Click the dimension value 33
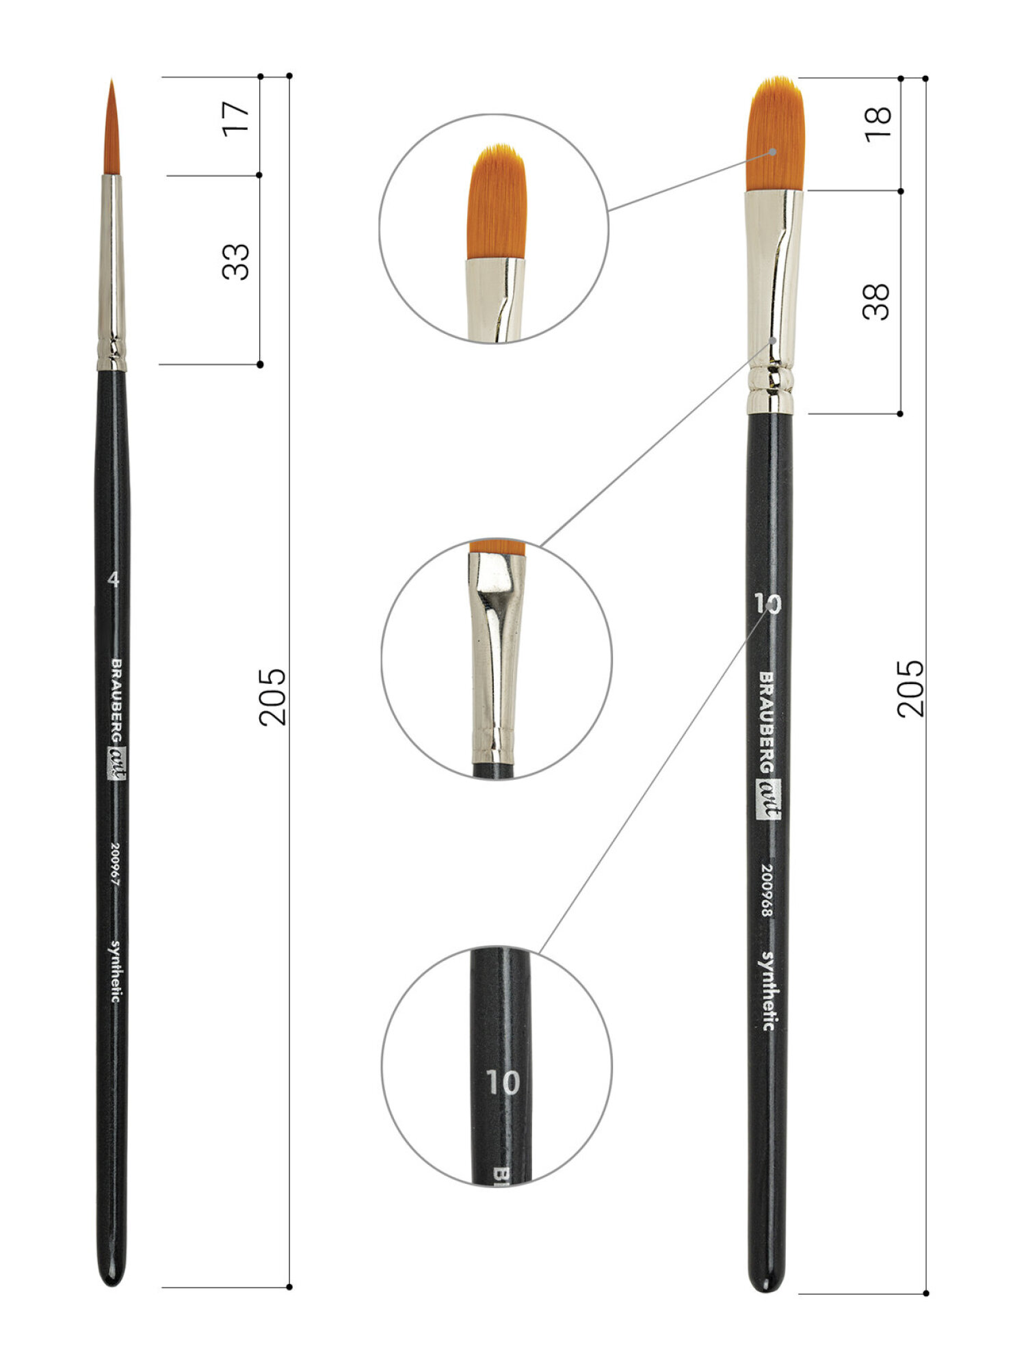pos(236,261)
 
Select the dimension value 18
pos(878,124)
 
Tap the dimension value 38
pos(876,302)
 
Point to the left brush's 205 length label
pos(273,696)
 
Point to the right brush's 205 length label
pos(910,688)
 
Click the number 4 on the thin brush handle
pos(113,579)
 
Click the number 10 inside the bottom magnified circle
pos(503,1082)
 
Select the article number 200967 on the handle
pos(114,864)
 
